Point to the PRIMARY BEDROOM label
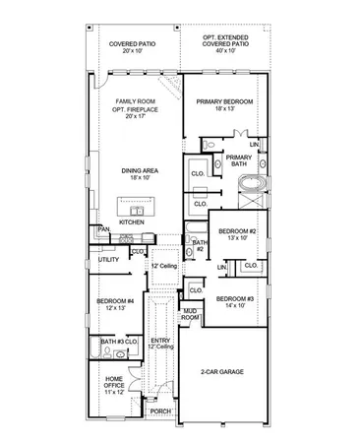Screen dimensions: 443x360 click(x=224, y=101)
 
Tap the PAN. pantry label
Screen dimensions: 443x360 click(x=102, y=229)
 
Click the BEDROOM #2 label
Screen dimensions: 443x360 click(x=237, y=230)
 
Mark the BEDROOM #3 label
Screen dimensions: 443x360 click(x=235, y=298)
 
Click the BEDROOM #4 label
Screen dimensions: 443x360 click(x=114, y=301)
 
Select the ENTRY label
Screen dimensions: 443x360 click(x=160, y=341)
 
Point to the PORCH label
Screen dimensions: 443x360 click(x=160, y=411)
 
